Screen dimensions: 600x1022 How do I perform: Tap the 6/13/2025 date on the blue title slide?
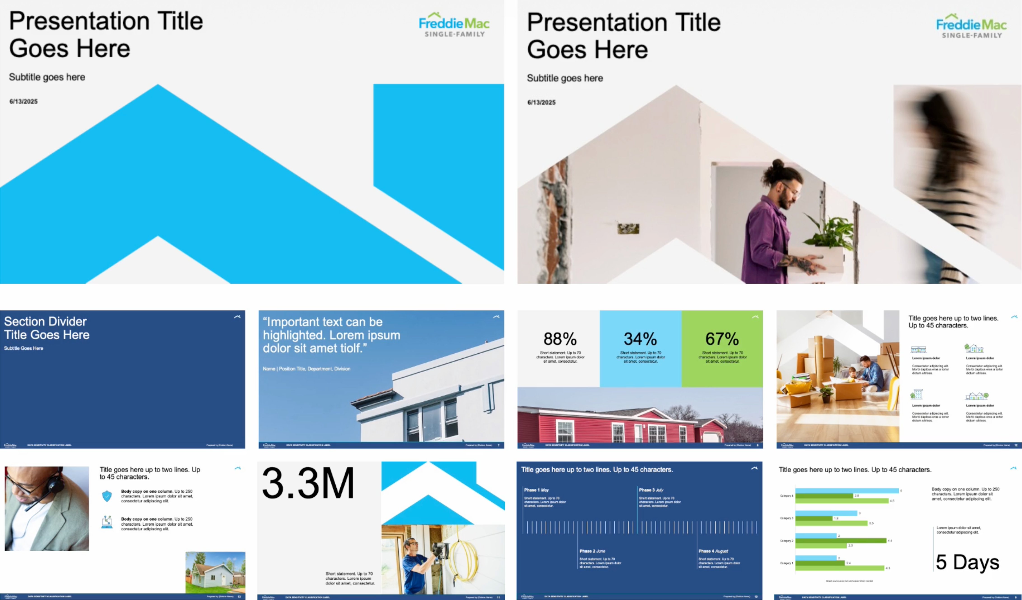coord(24,102)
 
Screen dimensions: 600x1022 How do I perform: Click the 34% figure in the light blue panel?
coord(640,339)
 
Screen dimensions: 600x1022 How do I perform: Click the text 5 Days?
coord(967,562)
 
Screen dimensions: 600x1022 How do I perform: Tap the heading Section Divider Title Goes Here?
coord(47,328)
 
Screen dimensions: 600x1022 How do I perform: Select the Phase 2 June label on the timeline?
coord(592,551)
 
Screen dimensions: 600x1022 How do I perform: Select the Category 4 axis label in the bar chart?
coord(786,496)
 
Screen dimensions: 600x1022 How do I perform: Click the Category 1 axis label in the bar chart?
coord(786,563)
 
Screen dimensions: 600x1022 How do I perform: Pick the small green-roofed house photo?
coord(215,572)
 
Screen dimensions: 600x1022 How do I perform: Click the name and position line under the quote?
coord(306,369)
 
